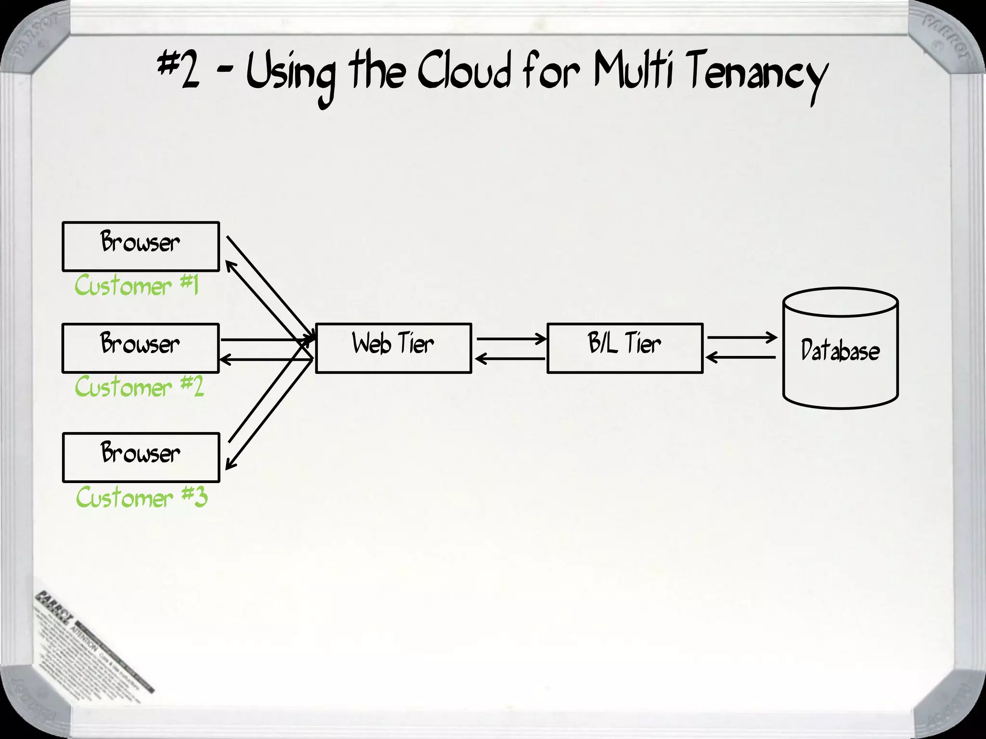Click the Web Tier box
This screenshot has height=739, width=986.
pos(393,348)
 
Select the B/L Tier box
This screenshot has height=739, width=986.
pos(625,348)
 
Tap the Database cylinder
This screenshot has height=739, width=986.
pos(841,349)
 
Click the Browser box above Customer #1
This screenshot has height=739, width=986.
pos(141,246)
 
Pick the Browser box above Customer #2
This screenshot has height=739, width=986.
pos(141,348)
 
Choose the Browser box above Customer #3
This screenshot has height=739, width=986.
pos(141,457)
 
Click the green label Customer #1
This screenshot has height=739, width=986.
pos(136,286)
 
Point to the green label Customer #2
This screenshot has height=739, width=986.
pos(139,387)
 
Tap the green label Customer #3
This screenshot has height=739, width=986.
pos(142,497)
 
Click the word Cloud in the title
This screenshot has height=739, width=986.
pos(464,74)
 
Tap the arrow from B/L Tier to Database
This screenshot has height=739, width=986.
pos(741,338)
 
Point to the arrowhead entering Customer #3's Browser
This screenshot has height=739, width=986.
pos(230,465)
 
